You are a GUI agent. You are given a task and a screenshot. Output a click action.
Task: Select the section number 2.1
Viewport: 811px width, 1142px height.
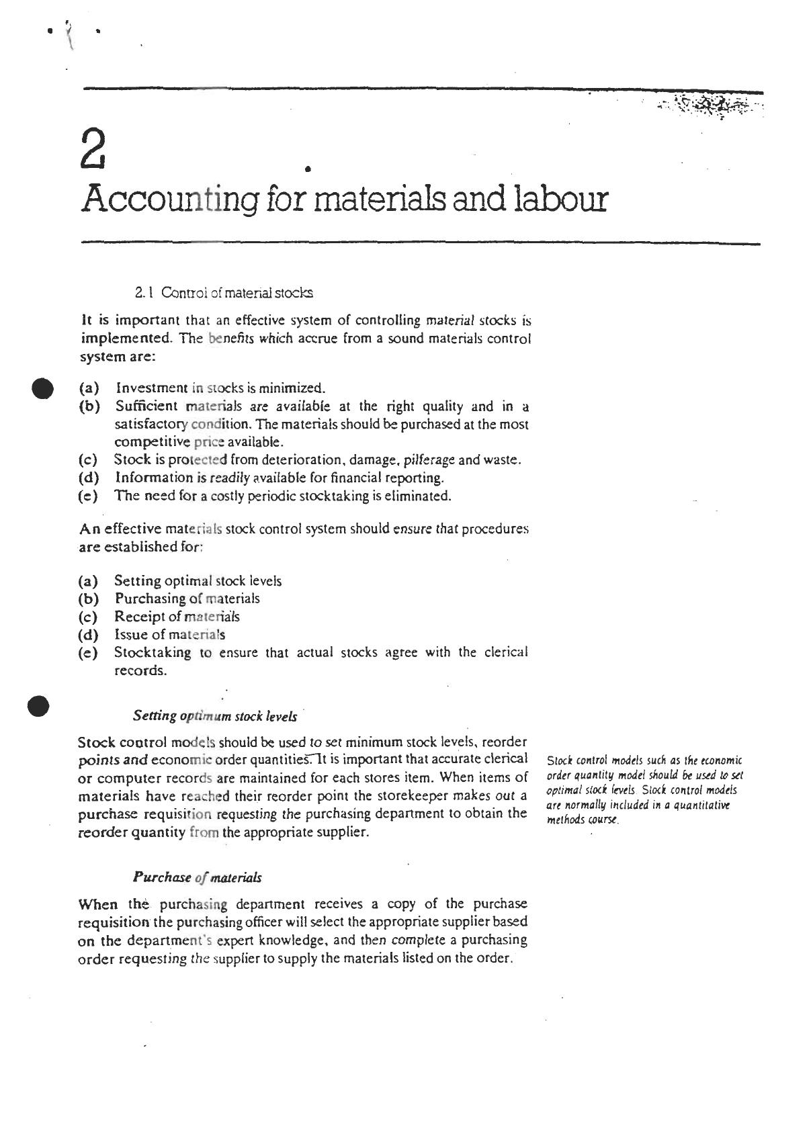(144, 293)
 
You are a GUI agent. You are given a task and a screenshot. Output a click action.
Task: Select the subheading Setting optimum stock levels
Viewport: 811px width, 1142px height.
(214, 716)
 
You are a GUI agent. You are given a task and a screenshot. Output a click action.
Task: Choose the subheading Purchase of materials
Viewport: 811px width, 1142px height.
(197, 877)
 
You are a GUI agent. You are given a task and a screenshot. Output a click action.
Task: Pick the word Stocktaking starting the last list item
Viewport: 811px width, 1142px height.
(152, 652)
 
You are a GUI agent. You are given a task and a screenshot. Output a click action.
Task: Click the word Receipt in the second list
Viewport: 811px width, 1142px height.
(138, 617)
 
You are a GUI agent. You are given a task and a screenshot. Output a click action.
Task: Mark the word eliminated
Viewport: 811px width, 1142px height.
(419, 496)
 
